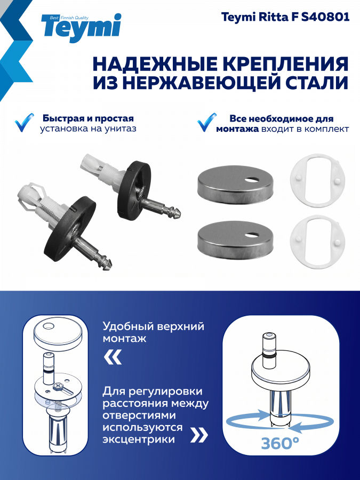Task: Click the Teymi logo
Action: pos(81,28)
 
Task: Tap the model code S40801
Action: pos(325,17)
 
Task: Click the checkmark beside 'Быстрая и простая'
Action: pos(24,123)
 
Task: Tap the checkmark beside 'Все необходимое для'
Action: pos(206,123)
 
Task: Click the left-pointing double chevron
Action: pos(113,357)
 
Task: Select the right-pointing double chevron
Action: pos(199,435)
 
